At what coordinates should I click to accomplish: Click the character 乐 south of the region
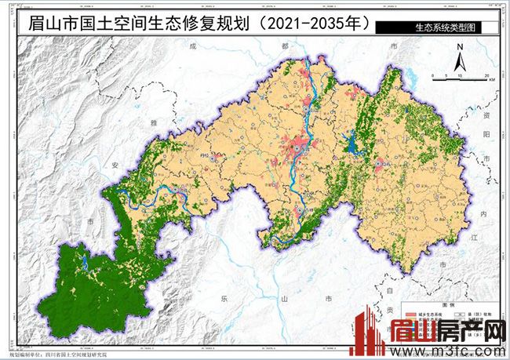pos(224,298)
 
